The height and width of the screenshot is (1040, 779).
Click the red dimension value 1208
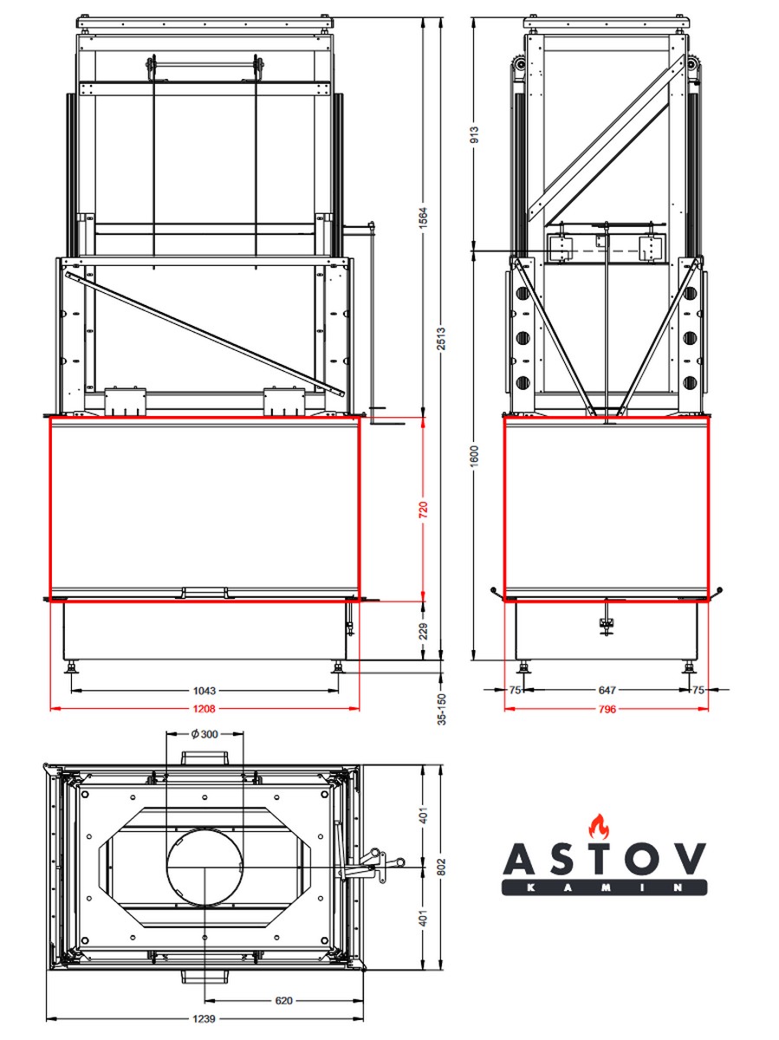tap(204, 709)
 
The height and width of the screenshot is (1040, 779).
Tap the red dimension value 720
tap(424, 509)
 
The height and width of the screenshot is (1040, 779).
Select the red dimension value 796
tap(607, 709)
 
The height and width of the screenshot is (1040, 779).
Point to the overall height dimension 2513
tap(441, 339)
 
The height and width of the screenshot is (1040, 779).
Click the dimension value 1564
tap(424, 218)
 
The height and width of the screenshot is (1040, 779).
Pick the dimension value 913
tap(476, 134)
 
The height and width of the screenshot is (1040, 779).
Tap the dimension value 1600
tap(476, 456)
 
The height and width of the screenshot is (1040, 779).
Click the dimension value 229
tap(424, 631)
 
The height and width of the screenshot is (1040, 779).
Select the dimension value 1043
tap(204, 691)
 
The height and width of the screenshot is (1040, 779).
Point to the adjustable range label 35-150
tap(441, 709)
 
